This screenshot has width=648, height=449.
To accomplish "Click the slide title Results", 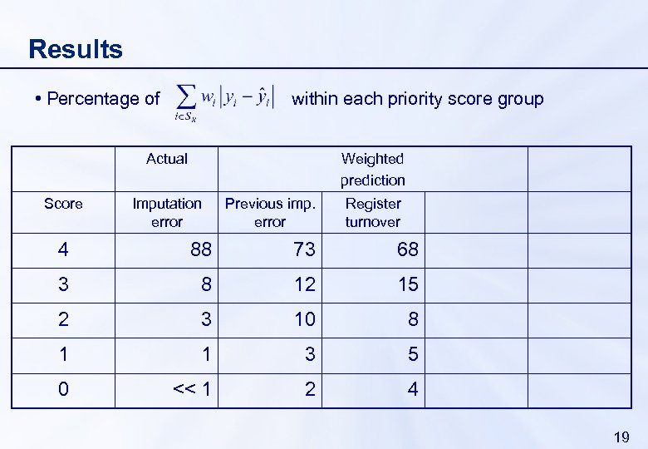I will (x=76, y=49).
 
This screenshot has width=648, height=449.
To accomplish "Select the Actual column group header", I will (x=167, y=159).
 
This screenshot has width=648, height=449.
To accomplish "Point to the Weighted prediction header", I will (x=372, y=169).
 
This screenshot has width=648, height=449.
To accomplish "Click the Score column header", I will (x=63, y=204).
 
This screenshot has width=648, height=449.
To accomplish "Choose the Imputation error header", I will (x=167, y=212).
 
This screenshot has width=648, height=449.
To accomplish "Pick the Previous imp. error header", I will (x=270, y=212).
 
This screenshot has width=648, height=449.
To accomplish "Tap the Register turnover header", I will (x=373, y=212).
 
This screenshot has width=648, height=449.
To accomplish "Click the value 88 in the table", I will (x=201, y=249).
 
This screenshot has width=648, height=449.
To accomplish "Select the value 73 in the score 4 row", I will (x=305, y=249).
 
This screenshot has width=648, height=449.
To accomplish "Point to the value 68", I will (x=408, y=249).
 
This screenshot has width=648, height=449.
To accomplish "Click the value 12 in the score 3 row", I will (x=305, y=284).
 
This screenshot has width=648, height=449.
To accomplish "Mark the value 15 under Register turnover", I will (x=408, y=284).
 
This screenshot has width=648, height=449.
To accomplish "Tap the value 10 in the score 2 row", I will (x=305, y=319).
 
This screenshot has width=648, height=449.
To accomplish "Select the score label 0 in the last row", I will (x=63, y=389).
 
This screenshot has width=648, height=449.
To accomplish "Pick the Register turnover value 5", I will (x=413, y=354).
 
